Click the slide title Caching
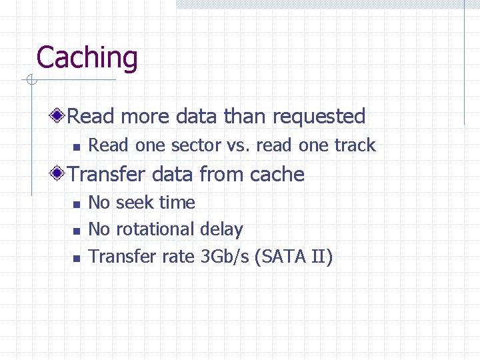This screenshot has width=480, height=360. click(x=87, y=57)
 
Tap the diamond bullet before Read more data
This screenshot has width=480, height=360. click(x=59, y=116)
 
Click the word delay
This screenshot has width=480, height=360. click(x=221, y=229)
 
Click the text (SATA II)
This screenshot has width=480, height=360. click(x=293, y=257)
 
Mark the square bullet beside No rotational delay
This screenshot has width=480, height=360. click(x=77, y=231)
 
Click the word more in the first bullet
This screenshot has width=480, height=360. click(x=145, y=117)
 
